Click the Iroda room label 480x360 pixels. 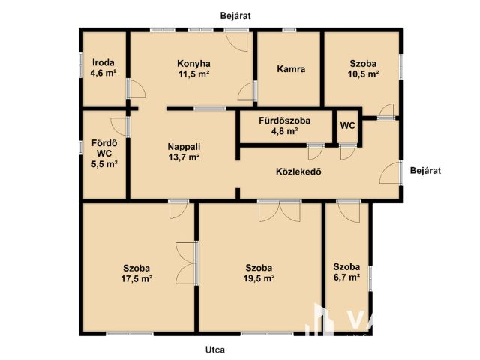click(103, 63)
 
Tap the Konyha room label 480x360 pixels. click(193, 64)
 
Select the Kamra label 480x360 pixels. click(291, 69)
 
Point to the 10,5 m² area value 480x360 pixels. click(363, 74)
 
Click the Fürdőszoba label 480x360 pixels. click(285, 121)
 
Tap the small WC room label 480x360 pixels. click(348, 126)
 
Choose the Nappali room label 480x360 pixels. click(184, 147)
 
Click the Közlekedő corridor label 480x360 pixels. click(298, 172)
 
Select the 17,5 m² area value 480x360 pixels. click(136, 278)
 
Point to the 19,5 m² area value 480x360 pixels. click(259, 278)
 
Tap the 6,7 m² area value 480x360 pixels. click(346, 277)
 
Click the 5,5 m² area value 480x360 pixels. click(104, 164)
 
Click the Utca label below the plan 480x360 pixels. click(215, 349)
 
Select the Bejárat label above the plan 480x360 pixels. click(235, 16)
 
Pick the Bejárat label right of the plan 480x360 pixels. click(425, 170)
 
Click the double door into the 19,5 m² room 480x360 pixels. click(280, 211)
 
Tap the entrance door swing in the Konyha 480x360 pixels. click(237, 40)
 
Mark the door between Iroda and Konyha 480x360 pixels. click(136, 88)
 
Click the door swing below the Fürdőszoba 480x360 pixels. click(316, 152)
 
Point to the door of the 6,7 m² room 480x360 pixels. click(349, 211)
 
